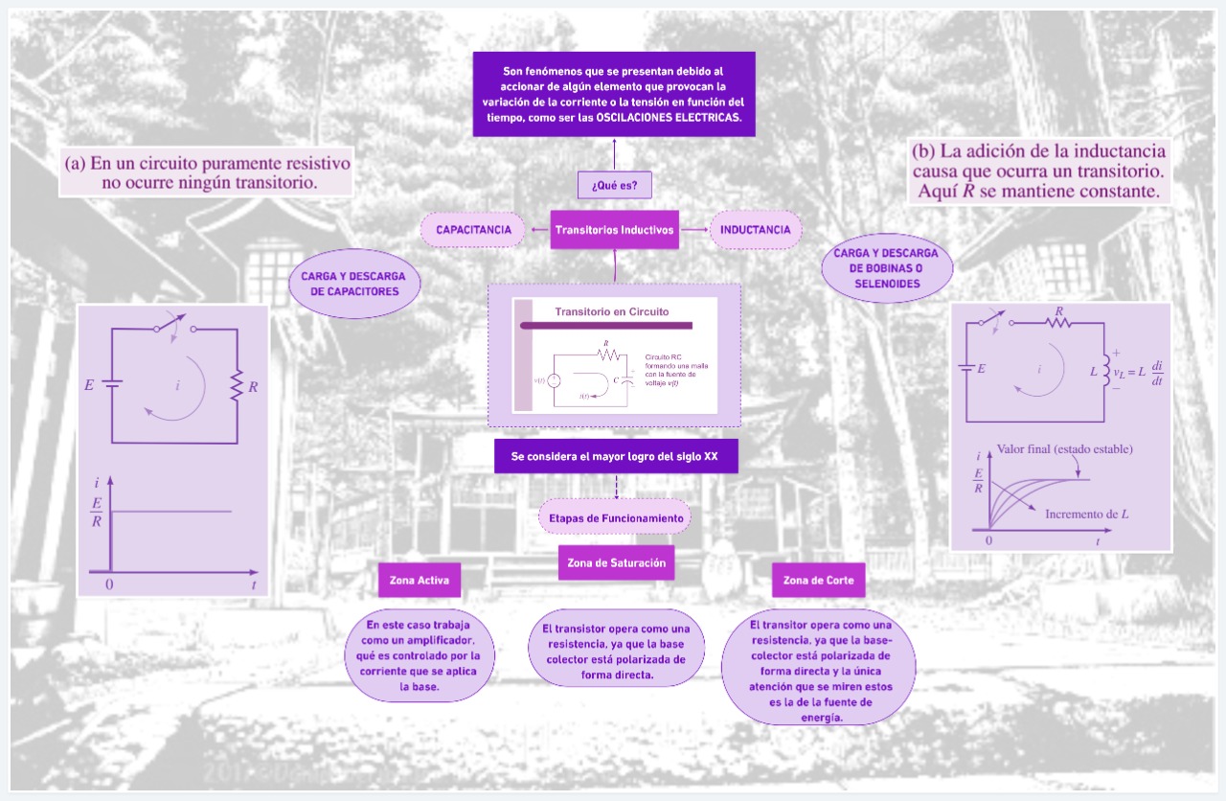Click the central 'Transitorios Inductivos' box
[615, 230]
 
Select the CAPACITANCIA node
[473, 230]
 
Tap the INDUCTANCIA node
[755, 230]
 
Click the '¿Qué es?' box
[615, 184]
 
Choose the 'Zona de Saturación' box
[616, 563]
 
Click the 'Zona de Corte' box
[811, 581]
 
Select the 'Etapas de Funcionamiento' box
[615, 518]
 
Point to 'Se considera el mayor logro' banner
[615, 457]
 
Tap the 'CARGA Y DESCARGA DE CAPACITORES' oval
[354, 284]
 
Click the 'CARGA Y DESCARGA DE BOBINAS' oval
[888, 268]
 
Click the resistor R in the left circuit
[237, 387]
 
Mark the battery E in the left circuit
[112, 386]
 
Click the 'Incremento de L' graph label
[1086, 514]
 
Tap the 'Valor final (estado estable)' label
[1064, 448]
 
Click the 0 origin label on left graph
[110, 584]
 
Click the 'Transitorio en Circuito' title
[612, 311]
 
